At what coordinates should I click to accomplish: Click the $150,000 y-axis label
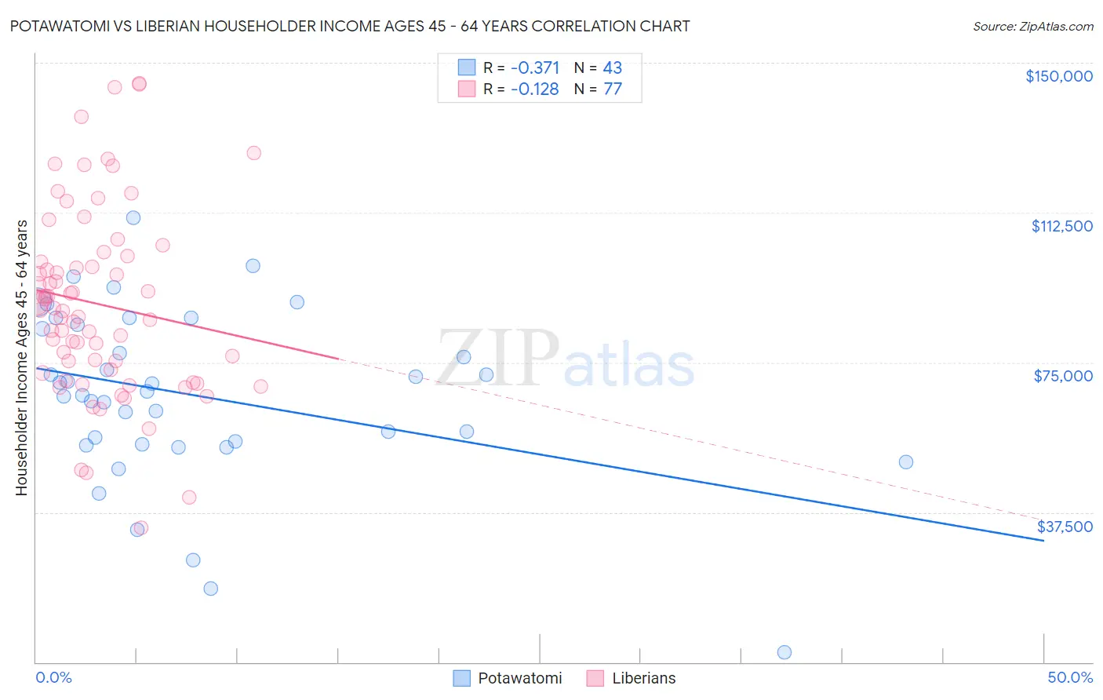pyautogui.click(x=1058, y=76)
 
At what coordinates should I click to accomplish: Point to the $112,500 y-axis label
pyautogui.click(x=1061, y=226)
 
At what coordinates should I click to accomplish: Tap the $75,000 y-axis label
pyautogui.click(x=1063, y=376)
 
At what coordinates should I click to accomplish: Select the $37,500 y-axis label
pyautogui.click(x=1065, y=527)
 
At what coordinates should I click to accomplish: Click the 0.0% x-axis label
pyautogui.click(x=53, y=677)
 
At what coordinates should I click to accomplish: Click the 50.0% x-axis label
pyautogui.click(x=1070, y=677)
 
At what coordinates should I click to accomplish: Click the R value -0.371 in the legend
pyautogui.click(x=535, y=67)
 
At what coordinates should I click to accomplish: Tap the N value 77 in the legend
pyautogui.click(x=613, y=89)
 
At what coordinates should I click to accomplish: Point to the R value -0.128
pyautogui.click(x=535, y=89)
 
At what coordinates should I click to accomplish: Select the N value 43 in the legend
pyautogui.click(x=613, y=67)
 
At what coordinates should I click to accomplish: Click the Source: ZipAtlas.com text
pyautogui.click(x=1032, y=27)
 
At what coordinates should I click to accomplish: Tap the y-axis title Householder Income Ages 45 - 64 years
pyautogui.click(x=22, y=358)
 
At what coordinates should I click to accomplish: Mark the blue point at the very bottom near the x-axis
pyautogui.click(x=784, y=652)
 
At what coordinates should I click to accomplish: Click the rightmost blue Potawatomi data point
pyautogui.click(x=905, y=462)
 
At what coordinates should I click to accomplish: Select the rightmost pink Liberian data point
pyautogui.click(x=260, y=386)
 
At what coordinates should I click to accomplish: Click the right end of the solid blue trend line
pyautogui.click(x=1043, y=541)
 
